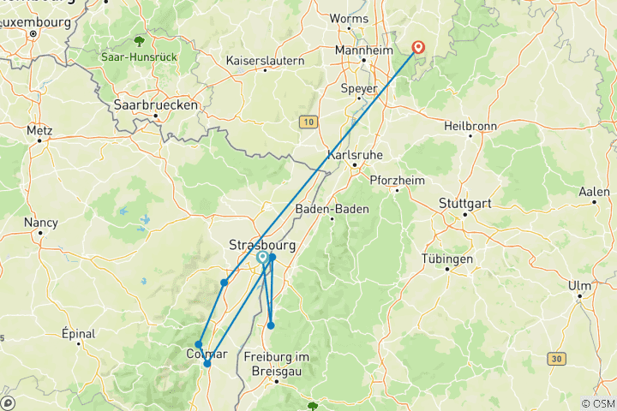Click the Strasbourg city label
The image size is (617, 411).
[x=261, y=245]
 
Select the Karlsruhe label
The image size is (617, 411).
[x=355, y=155]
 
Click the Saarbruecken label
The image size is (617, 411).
[x=156, y=104]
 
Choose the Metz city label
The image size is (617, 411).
[x=39, y=131]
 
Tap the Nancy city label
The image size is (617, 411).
[x=40, y=222]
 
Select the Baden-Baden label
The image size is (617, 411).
[x=332, y=209]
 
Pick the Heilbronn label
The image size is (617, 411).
[x=470, y=126]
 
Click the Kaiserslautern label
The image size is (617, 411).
[x=265, y=61]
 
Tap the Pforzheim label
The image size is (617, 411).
[x=397, y=179]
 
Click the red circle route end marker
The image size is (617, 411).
[x=419, y=48]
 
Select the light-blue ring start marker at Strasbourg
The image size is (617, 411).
[x=262, y=257]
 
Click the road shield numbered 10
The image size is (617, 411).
[x=308, y=122]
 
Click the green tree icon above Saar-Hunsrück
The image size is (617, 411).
[x=139, y=40]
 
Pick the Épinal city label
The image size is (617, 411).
[x=79, y=333]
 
